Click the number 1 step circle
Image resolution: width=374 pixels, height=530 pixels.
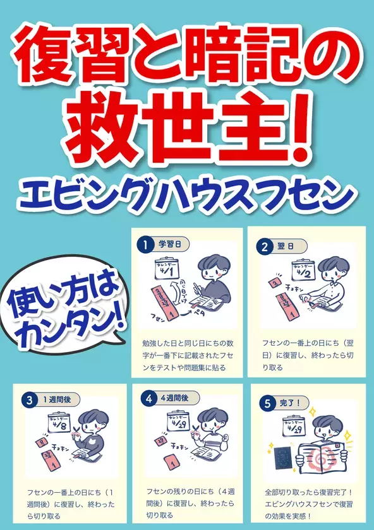tap(146, 245)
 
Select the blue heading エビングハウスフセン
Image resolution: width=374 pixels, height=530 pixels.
tap(187, 196)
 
